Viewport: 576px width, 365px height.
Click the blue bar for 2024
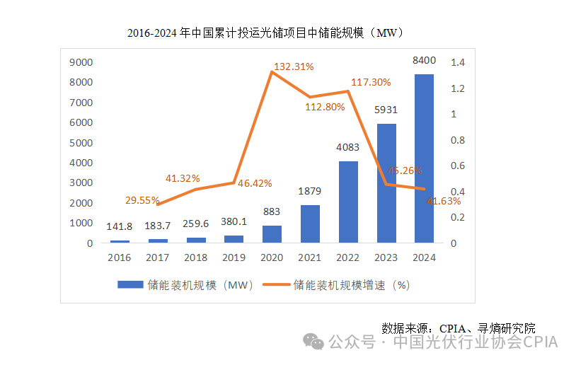tap(424, 158)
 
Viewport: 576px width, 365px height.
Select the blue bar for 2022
tap(347, 202)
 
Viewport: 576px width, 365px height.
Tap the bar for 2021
tap(310, 224)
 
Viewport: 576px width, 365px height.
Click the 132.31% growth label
tap(294, 66)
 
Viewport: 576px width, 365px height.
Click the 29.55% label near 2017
tap(142, 200)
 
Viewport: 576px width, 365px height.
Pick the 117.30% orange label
tap(371, 82)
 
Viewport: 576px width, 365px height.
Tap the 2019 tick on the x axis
tap(234, 257)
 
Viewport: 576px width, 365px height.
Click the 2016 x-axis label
tap(120, 257)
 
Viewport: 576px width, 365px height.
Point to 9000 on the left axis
tap(81, 62)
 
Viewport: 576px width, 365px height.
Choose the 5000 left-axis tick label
tap(81, 143)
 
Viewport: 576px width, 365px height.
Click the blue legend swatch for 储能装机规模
tap(129, 285)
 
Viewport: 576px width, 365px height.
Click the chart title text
tap(265, 33)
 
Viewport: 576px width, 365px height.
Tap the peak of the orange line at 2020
tap(272, 71)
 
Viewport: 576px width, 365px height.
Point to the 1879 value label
tap(310, 191)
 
